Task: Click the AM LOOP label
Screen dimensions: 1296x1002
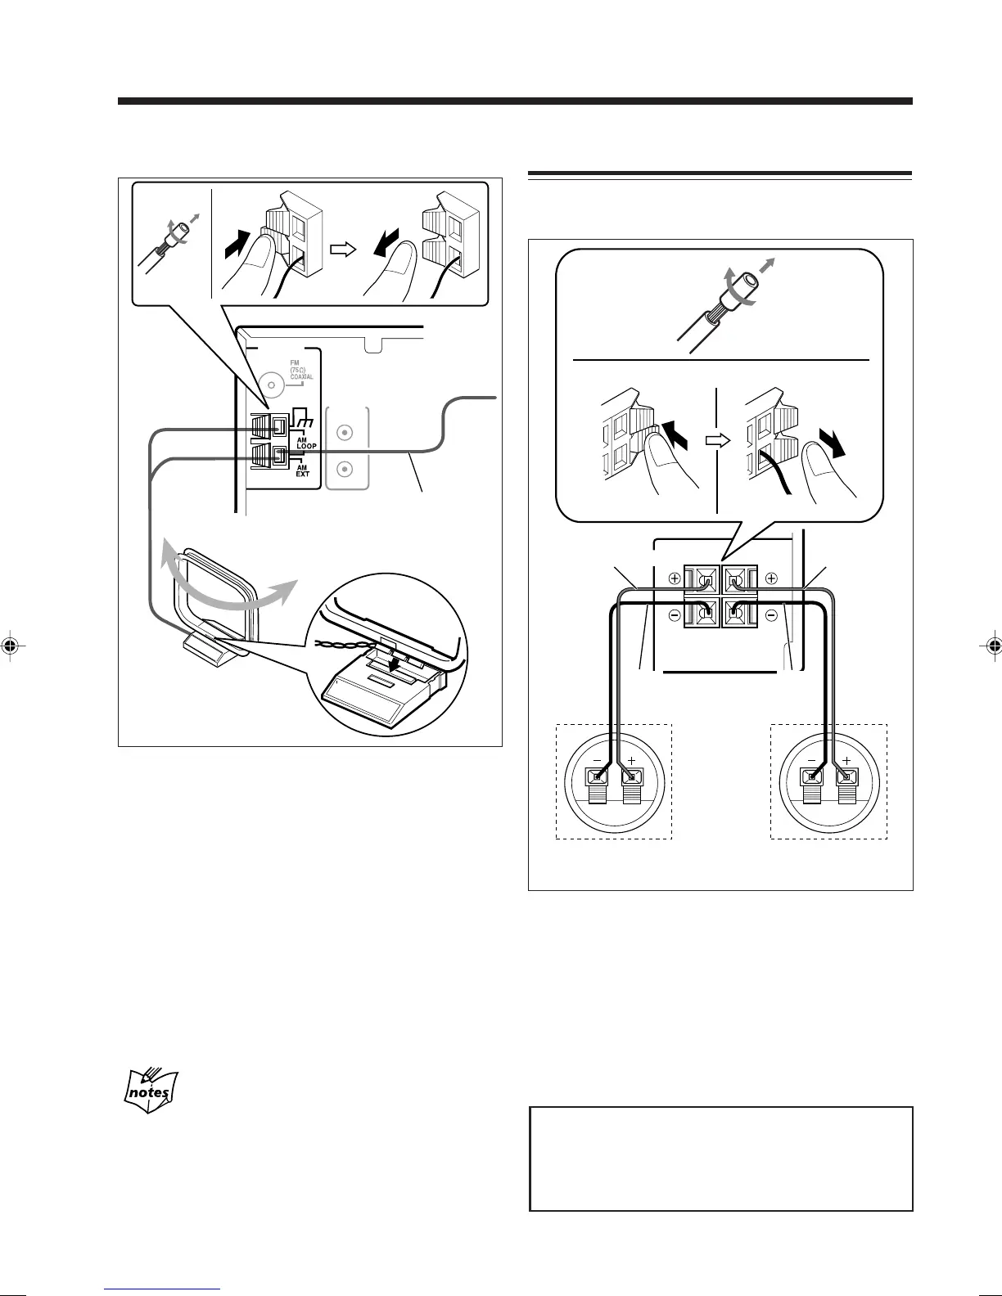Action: coord(306,443)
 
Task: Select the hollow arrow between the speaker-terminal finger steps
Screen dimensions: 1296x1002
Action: coord(717,439)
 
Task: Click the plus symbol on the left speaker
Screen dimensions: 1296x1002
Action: coord(631,760)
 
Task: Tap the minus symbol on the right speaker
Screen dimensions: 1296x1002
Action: coord(810,760)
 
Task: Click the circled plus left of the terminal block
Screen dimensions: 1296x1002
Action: coord(675,578)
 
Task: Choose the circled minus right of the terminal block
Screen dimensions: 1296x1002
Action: coord(771,614)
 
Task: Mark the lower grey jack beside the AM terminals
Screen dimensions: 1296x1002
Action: coord(345,470)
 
